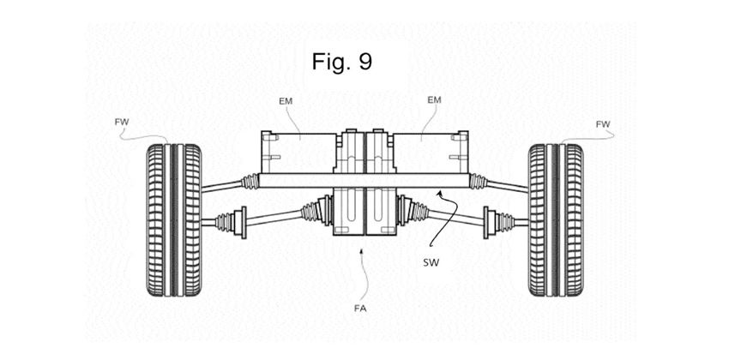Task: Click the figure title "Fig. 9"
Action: click(341, 62)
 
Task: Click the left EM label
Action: click(286, 100)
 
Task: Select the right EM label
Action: click(434, 100)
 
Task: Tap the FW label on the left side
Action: click(122, 123)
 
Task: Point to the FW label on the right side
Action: click(603, 124)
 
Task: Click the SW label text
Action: click(431, 263)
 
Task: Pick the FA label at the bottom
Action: click(360, 308)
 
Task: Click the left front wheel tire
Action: click(174, 219)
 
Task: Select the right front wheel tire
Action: click(556, 219)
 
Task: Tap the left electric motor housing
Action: click(298, 153)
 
